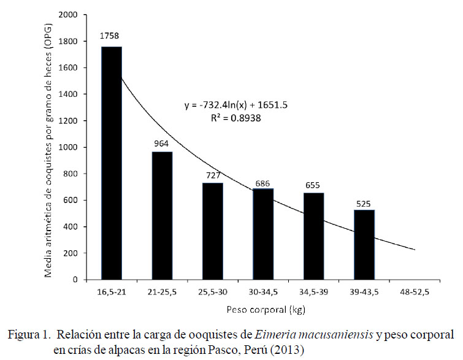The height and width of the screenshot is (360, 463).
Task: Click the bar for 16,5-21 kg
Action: pyautogui.click(x=112, y=163)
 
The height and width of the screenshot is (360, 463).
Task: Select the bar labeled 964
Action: pyautogui.click(x=162, y=215)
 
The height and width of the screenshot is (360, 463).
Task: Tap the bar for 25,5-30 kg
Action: pyautogui.click(x=212, y=231)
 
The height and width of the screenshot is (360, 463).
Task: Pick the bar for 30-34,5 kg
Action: pyautogui.click(x=263, y=234)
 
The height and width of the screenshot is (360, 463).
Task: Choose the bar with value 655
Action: pyautogui.click(x=313, y=236)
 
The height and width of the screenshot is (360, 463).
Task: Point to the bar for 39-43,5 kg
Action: pyautogui.click(x=364, y=245)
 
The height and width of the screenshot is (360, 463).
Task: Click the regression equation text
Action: pyautogui.click(x=236, y=105)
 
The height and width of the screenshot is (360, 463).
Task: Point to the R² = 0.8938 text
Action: pyautogui.click(x=236, y=118)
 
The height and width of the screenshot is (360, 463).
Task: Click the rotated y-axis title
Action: pyautogui.click(x=48, y=147)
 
